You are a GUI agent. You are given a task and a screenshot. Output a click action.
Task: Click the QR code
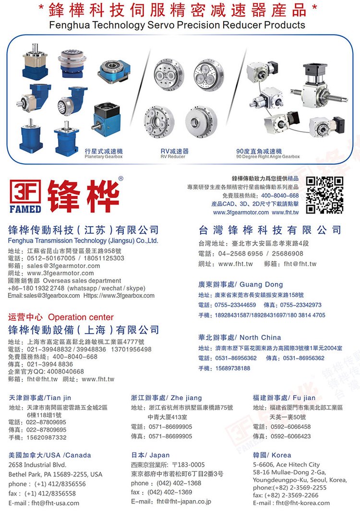point(324,195)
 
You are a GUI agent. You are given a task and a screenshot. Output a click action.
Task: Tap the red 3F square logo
point(25,192)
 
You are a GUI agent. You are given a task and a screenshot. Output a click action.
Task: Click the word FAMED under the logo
point(25,209)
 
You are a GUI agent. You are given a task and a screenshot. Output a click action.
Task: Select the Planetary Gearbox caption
point(103,157)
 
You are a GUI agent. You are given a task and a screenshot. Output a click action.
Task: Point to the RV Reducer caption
point(173,157)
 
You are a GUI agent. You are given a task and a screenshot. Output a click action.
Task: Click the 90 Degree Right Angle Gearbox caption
point(268,157)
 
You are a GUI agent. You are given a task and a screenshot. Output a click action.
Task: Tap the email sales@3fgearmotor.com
point(63,266)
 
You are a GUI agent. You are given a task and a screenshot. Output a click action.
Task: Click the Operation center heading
point(81,317)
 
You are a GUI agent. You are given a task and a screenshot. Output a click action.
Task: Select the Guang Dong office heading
point(240,284)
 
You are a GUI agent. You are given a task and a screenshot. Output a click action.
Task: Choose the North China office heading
point(240,337)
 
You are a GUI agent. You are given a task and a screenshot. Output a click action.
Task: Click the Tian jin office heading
point(40,398)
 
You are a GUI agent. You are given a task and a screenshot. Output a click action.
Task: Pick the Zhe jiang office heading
point(167,398)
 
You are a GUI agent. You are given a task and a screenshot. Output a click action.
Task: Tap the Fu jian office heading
point(284,398)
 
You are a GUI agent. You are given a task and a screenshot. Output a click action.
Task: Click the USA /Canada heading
point(50,455)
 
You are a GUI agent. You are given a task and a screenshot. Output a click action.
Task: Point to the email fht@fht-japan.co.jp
point(184,502)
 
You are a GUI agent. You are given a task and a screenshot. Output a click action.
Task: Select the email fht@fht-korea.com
point(302,503)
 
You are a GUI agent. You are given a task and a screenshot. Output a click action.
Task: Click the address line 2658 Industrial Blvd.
point(37,465)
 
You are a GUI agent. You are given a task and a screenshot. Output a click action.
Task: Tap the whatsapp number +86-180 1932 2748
point(36,288)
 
